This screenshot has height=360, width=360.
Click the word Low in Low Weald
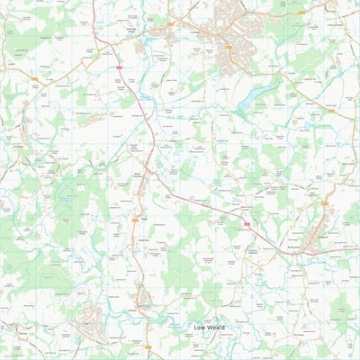pyautogui.click(x=202, y=328)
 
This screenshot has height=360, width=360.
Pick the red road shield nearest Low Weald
pyautogui.click(x=244, y=221)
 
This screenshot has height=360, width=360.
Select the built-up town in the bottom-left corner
pyautogui.click(x=93, y=319)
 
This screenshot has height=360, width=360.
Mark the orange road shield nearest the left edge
pyautogui.click(x=34, y=81)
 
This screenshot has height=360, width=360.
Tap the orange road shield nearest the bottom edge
pyautogui.click(x=148, y=345)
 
